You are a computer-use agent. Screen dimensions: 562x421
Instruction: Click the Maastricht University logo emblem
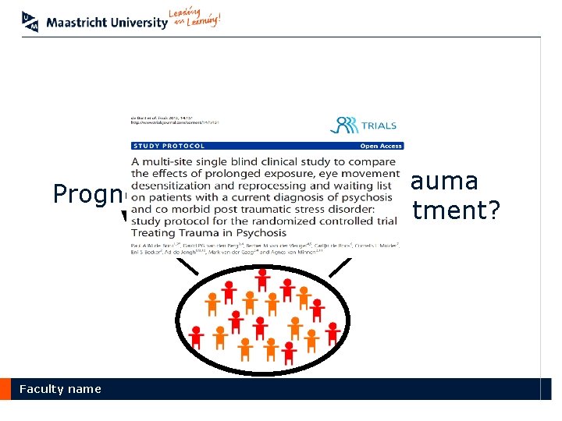[30, 21]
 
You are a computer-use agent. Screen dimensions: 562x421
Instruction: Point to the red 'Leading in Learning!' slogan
[194, 19]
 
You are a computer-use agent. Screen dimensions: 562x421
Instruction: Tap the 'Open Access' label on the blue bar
[380, 146]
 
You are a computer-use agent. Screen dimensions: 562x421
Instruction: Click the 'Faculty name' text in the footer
[60, 389]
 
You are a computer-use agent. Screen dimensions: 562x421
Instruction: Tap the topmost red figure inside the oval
[263, 277]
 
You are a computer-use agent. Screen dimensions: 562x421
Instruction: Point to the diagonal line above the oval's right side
[340, 266]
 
